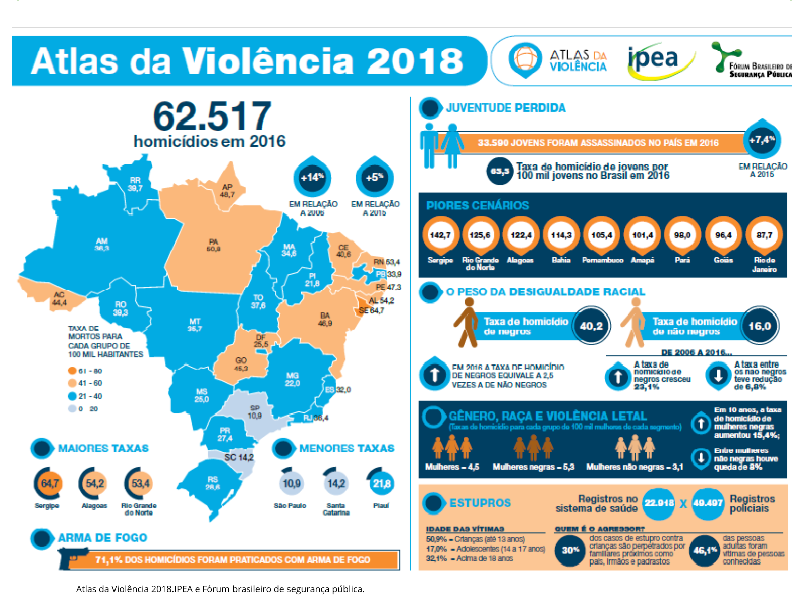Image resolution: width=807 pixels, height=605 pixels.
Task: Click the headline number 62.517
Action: [x=212, y=116]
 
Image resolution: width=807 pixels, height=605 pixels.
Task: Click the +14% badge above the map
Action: [x=312, y=177]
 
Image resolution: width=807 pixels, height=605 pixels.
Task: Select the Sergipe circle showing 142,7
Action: [x=440, y=235]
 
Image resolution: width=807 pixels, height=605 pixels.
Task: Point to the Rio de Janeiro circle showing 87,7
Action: [x=764, y=235]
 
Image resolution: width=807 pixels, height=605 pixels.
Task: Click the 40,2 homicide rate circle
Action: [x=591, y=326]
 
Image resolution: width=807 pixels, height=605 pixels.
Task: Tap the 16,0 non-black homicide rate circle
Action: [x=759, y=326]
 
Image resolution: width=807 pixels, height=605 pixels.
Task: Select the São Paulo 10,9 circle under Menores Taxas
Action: [x=292, y=483]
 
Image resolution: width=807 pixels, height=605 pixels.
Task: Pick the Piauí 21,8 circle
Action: [x=381, y=483]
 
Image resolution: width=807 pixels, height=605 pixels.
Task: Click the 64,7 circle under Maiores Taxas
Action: [x=49, y=483]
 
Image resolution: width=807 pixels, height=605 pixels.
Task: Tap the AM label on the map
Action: [x=102, y=241]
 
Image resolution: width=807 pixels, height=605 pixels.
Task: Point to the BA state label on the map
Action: [x=325, y=316]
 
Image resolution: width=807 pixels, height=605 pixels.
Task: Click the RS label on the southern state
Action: [x=212, y=480]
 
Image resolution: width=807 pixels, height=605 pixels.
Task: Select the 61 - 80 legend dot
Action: [x=72, y=371]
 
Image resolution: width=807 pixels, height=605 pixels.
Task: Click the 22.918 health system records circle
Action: [x=659, y=503]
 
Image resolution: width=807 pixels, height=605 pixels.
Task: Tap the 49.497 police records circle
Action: [x=708, y=503]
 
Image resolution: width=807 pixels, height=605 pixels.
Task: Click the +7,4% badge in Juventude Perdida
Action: [x=762, y=140]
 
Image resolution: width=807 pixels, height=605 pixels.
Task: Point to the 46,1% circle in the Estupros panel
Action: [x=705, y=550]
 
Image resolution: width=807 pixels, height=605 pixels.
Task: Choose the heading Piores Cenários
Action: [x=477, y=205]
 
